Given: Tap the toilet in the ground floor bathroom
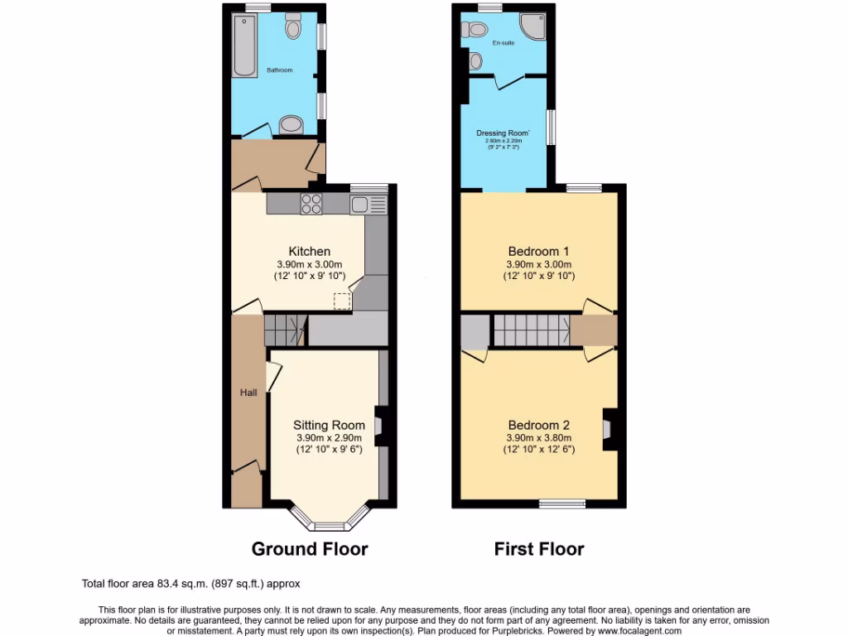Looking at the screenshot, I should [x=293, y=27].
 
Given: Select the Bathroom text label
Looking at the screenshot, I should [x=279, y=70].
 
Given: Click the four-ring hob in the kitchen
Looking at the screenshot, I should [x=312, y=203].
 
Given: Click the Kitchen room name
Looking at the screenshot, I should [x=309, y=252].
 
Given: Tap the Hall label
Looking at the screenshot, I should [x=248, y=393].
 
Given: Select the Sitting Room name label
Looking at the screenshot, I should [x=330, y=425].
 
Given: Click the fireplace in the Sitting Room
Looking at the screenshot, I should [x=378, y=426].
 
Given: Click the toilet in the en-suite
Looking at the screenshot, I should [x=475, y=30].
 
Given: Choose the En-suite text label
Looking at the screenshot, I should [x=503, y=42].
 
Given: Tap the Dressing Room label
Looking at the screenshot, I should [x=503, y=133].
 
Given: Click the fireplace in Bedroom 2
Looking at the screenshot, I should [x=608, y=429].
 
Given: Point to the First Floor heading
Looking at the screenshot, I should [x=539, y=548].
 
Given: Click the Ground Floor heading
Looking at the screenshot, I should [x=310, y=548].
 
